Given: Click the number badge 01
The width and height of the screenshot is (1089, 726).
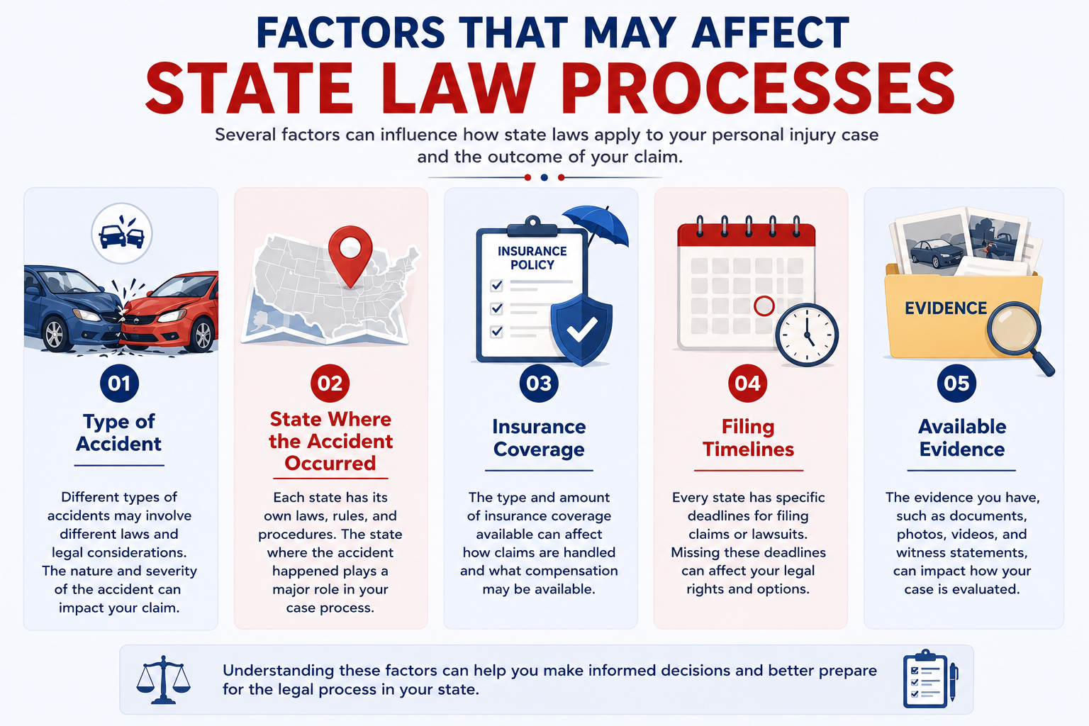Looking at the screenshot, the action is [x=119, y=383].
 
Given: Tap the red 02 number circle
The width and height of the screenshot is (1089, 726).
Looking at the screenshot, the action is [x=330, y=383].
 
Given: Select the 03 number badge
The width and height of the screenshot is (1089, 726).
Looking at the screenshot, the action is [x=539, y=383].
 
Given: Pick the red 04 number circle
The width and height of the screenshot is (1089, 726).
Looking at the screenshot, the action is [x=748, y=383].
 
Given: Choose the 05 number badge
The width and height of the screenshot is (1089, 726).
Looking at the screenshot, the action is [x=956, y=383].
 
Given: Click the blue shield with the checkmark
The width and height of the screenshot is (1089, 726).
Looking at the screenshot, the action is [x=581, y=329].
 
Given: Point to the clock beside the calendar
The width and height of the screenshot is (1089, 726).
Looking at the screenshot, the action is [x=807, y=335].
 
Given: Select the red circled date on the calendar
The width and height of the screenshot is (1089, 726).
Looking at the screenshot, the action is [x=764, y=306].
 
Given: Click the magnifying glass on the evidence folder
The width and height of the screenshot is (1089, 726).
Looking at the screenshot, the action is [x=1019, y=335].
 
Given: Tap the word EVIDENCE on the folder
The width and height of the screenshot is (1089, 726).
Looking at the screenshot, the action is [x=946, y=308].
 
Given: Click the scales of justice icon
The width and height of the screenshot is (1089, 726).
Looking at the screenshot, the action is [x=163, y=679].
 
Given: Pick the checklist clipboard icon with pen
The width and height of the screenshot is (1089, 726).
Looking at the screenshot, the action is [x=930, y=678].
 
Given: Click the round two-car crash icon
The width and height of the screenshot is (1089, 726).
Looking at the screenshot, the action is [x=121, y=233].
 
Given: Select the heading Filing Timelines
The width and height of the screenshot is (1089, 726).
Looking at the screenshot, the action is [x=748, y=437].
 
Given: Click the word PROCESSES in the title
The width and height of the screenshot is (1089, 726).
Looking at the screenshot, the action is [x=759, y=89].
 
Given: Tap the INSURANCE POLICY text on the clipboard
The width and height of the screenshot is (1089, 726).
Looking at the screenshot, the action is [x=532, y=258].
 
